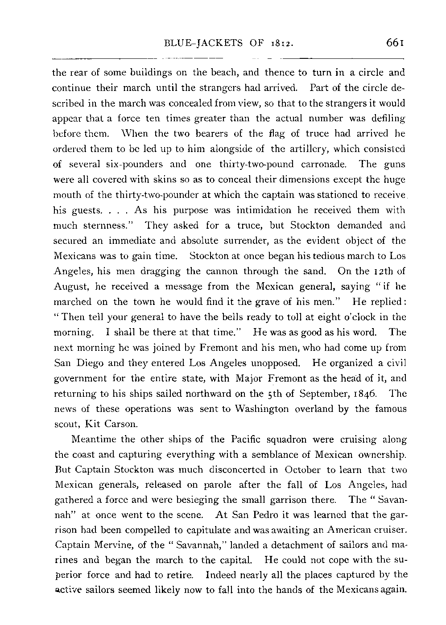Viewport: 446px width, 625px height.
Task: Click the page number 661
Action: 395,43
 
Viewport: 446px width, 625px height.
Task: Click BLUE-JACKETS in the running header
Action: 203,44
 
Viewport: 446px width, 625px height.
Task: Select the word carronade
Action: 322,164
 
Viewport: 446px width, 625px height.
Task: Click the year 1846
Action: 366,394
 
